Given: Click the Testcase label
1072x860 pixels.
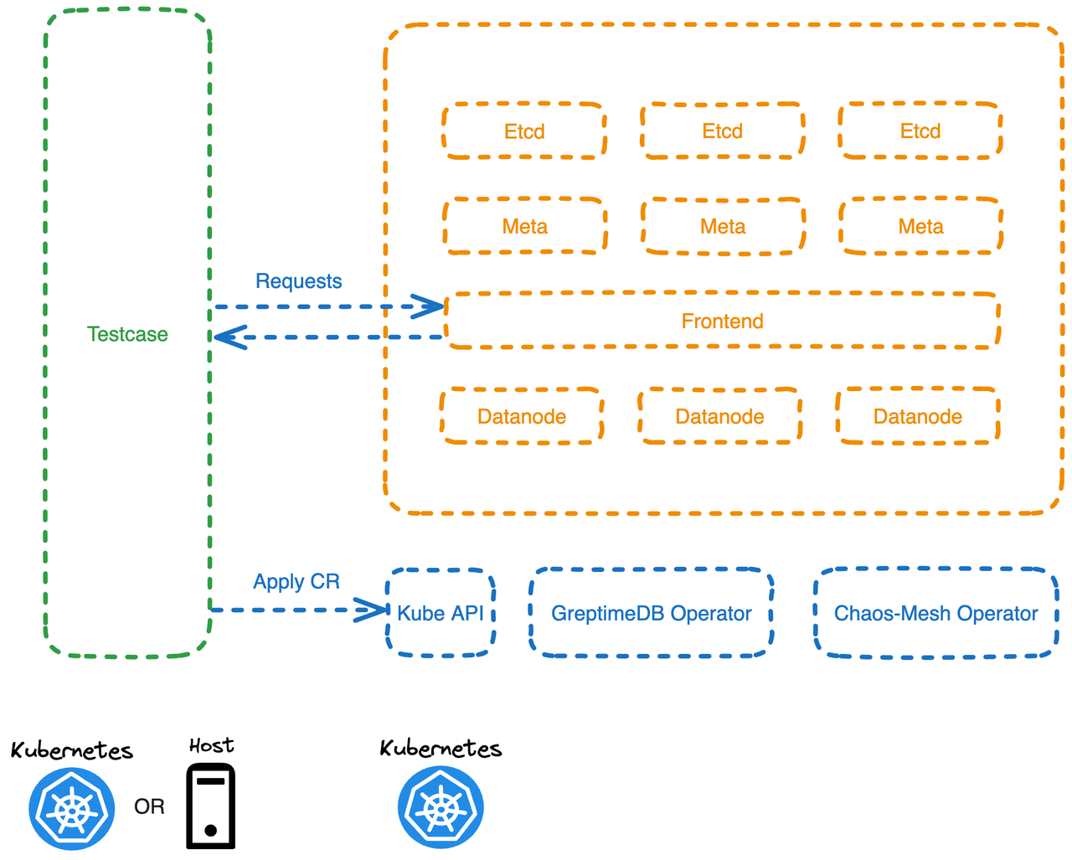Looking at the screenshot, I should click(x=127, y=334).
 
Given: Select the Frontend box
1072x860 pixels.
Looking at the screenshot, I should click(x=722, y=321).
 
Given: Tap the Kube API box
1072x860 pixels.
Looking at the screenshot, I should click(x=441, y=613).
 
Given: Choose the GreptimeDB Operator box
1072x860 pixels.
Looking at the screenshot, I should click(x=651, y=613).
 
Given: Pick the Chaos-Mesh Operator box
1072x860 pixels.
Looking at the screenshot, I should click(x=935, y=613).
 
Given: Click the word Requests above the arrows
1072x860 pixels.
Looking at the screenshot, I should click(x=298, y=281).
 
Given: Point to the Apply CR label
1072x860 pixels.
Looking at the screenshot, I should click(x=296, y=582).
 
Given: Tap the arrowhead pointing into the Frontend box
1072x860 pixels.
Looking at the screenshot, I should click(x=430, y=306).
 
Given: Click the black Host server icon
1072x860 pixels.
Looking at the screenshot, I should click(x=210, y=806).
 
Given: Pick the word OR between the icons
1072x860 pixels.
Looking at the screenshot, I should click(x=149, y=806).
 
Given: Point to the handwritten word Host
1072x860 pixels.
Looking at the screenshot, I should click(x=211, y=745).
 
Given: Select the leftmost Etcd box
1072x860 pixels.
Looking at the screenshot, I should click(x=524, y=131).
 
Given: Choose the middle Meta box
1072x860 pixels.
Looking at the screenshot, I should click(x=722, y=226).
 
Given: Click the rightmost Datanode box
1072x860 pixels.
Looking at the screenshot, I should click(x=917, y=416).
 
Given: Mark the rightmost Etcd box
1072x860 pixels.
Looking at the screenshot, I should click(x=920, y=131).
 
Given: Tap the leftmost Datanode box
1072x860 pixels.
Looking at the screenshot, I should click(x=522, y=416).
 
